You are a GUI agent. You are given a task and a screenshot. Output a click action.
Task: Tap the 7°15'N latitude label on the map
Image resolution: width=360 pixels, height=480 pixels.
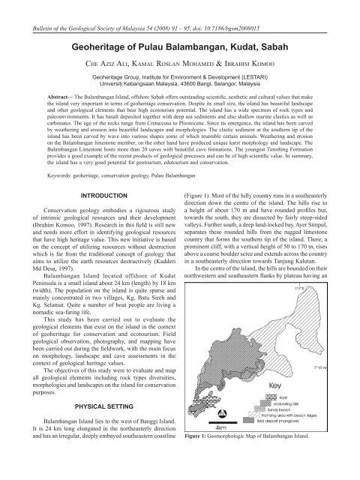point(343,368)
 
